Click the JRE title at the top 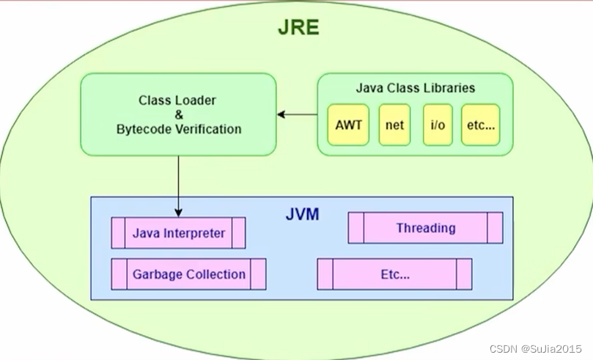pyautogui.click(x=298, y=27)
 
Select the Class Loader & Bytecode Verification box pyautogui.click(x=178, y=114)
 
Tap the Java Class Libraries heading pyautogui.click(x=415, y=88)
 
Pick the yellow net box pyautogui.click(x=394, y=125)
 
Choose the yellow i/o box pyautogui.click(x=438, y=125)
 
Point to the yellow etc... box pyautogui.click(x=482, y=125)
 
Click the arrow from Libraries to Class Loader pyautogui.click(x=295, y=114)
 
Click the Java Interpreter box pyautogui.click(x=178, y=234)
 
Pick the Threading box pyautogui.click(x=425, y=228)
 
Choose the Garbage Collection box pyautogui.click(x=188, y=274)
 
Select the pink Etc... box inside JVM pyautogui.click(x=394, y=274)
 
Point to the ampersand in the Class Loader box pyautogui.click(x=177, y=114)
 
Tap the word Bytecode pyautogui.click(x=143, y=129)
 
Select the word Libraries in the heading pyautogui.click(x=448, y=88)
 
